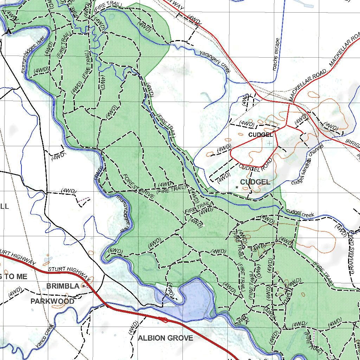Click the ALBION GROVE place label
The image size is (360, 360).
coord(165,338)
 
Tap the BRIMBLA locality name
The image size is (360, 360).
coord(63,286)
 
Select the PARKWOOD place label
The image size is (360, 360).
coord(52,301)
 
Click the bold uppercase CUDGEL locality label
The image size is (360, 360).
coord(255,182)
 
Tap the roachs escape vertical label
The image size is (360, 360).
coord(276,54)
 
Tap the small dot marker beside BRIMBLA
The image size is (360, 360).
coord(83,286)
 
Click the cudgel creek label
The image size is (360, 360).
coord(300,213)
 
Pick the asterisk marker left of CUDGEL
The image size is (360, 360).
coord(237,187)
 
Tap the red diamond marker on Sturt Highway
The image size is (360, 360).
coord(163,319)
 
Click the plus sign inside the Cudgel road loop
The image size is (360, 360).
coord(269,143)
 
